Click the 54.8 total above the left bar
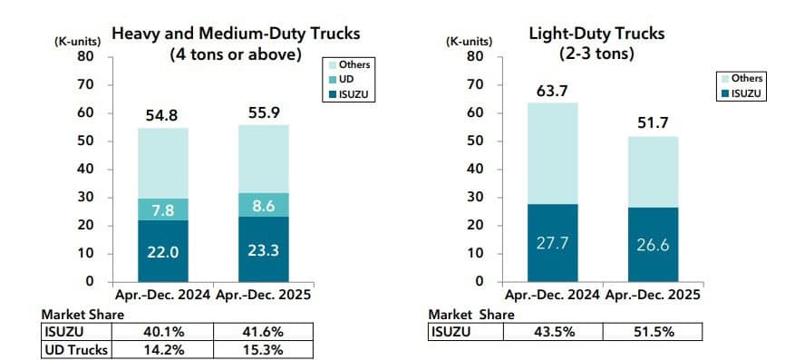tap(163, 115)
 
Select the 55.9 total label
tap(264, 112)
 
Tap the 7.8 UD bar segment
tap(163, 209)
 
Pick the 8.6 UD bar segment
tap(264, 206)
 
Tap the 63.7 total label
tap(553, 90)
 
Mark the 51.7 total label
tap(654, 123)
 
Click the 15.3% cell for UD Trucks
tap(264, 349)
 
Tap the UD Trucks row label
tap(76, 349)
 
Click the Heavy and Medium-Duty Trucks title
tap(236, 34)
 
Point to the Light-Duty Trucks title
tap(596, 34)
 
